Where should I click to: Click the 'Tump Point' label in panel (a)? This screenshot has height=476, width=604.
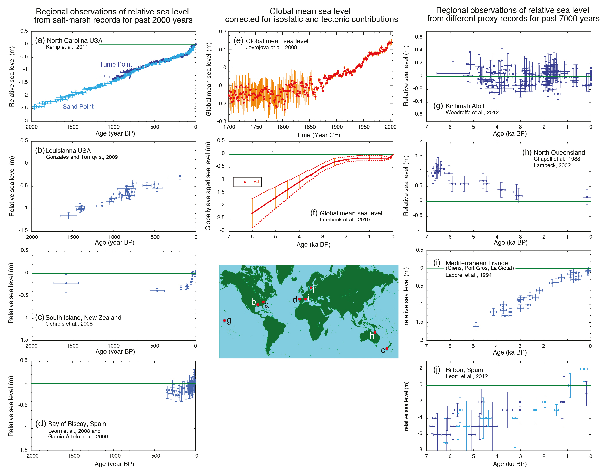(x=116, y=64)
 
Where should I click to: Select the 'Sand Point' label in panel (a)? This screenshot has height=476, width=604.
(x=78, y=107)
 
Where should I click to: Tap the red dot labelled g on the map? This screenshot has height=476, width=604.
(x=224, y=320)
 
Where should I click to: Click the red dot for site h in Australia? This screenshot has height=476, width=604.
(x=375, y=332)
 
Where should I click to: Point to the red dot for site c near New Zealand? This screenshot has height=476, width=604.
(x=387, y=348)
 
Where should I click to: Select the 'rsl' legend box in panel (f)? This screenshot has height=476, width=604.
(x=247, y=182)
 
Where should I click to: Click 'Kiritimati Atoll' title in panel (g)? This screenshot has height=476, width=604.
(x=465, y=106)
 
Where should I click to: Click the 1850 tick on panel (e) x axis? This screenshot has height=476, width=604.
(x=310, y=127)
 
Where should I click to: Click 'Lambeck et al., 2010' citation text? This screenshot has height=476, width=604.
(x=345, y=220)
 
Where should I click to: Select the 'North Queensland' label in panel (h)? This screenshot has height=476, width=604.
(x=559, y=152)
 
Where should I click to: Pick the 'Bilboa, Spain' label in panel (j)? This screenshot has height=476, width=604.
(x=464, y=370)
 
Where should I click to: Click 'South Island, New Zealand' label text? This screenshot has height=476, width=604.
(x=83, y=318)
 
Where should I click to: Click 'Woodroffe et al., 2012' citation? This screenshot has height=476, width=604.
(x=472, y=113)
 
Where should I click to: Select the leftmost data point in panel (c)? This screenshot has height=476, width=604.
(x=66, y=283)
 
